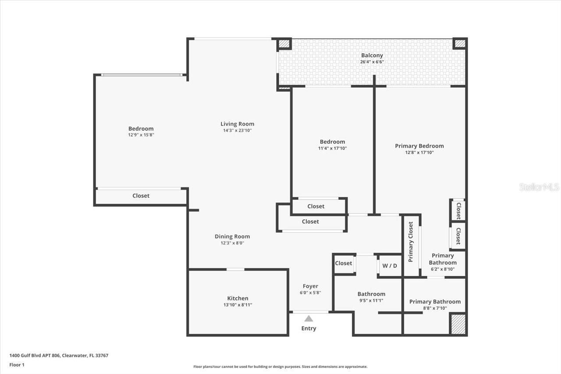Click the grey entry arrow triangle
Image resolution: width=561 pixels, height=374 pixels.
tap(309, 319)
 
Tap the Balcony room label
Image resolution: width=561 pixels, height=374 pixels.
tap(372, 55)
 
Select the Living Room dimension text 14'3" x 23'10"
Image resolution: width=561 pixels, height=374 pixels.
tap(237, 130)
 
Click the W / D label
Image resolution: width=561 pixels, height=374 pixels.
tap(390, 266)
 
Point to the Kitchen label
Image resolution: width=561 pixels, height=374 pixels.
tap(238, 298)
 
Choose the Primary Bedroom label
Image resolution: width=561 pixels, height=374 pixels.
tap(419, 146)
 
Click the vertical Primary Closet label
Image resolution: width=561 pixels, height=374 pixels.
tap(411, 242)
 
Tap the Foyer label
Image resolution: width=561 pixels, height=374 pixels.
tap(310, 286)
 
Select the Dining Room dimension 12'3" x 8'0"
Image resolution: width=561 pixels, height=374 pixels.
tap(232, 243)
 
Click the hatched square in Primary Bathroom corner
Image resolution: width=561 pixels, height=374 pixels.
tap(458, 324)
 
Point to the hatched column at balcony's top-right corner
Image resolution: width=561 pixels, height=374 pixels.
tap(459, 43)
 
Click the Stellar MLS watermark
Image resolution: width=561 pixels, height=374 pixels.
tap(539, 187)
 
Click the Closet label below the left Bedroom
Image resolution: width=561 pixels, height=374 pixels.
tap(141, 196)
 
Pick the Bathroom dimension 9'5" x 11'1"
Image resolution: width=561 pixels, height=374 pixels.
tap(371, 300)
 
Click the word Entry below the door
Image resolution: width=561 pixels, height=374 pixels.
tap(309, 328)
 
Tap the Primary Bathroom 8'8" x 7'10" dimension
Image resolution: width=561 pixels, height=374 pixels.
tap(435, 308)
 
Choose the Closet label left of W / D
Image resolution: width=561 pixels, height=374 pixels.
tap(343, 263)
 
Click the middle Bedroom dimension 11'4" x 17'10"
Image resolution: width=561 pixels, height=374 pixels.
tap(332, 148)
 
